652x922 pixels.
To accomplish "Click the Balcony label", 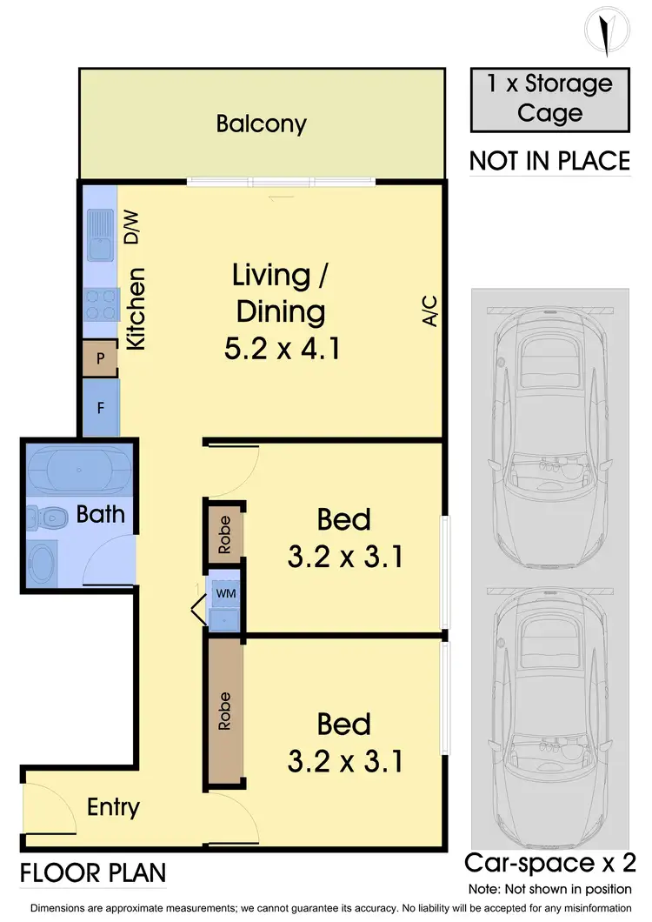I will tap(261, 124).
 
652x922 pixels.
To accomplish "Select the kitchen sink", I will tap(98, 237).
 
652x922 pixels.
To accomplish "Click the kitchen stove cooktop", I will tap(98, 305).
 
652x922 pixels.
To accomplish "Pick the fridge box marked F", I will tap(100, 406).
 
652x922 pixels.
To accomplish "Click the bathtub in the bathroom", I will tap(77, 471).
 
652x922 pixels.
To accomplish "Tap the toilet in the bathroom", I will tap(49, 518).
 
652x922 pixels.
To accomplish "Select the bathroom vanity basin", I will tap(42, 561).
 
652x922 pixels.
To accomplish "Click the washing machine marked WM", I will tap(224, 593).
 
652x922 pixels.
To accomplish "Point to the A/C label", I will tap(428, 311).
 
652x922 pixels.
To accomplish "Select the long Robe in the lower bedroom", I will tap(224, 710).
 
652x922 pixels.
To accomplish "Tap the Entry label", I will tap(113, 807).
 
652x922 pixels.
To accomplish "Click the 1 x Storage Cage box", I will tap(549, 98).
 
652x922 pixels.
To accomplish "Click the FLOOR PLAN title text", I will tap(93, 872).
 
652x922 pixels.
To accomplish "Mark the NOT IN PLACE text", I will tap(549, 161).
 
